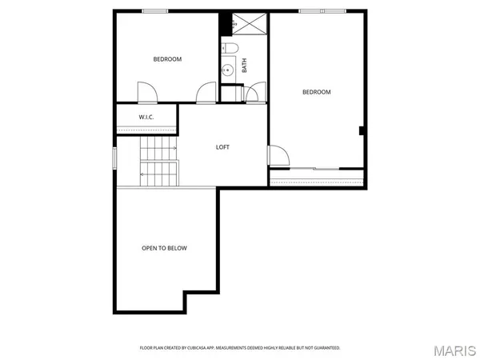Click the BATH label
click(244, 66)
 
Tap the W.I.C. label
click(146, 118)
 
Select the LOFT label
click(224, 146)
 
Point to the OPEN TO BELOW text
click(164, 248)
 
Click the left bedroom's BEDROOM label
click(168, 59)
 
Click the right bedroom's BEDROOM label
click(316, 92)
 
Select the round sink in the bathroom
click(229, 70)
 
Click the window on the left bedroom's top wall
click(155, 10)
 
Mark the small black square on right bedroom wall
click(362, 130)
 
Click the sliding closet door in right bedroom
click(316, 168)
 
